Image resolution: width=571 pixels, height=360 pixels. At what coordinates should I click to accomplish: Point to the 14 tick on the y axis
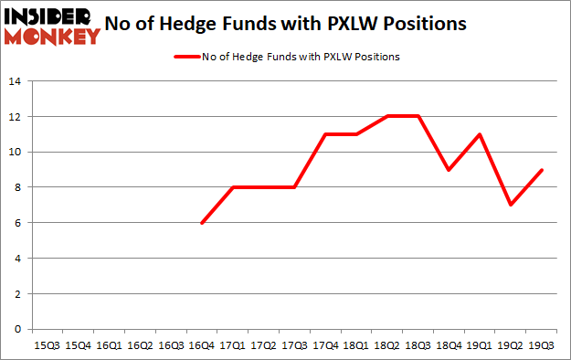click(x=16, y=81)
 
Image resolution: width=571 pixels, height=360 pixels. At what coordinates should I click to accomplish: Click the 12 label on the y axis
click(x=16, y=117)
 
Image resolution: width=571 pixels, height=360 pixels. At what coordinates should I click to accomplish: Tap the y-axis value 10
click(x=16, y=152)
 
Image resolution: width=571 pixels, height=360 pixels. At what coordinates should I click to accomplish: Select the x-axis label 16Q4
click(x=202, y=345)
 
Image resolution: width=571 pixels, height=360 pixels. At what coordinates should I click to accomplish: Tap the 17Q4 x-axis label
click(x=326, y=345)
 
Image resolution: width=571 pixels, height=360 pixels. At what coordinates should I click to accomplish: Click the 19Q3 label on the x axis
click(x=543, y=345)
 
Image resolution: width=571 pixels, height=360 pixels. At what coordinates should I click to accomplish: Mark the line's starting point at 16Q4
click(x=202, y=223)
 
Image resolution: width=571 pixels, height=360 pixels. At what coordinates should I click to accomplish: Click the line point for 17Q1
click(x=233, y=187)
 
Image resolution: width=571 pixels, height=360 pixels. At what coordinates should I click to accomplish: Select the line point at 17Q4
click(x=326, y=134)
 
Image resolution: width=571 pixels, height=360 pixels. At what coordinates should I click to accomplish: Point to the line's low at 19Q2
click(x=512, y=205)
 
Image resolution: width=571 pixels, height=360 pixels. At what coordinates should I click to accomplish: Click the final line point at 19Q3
click(x=543, y=170)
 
